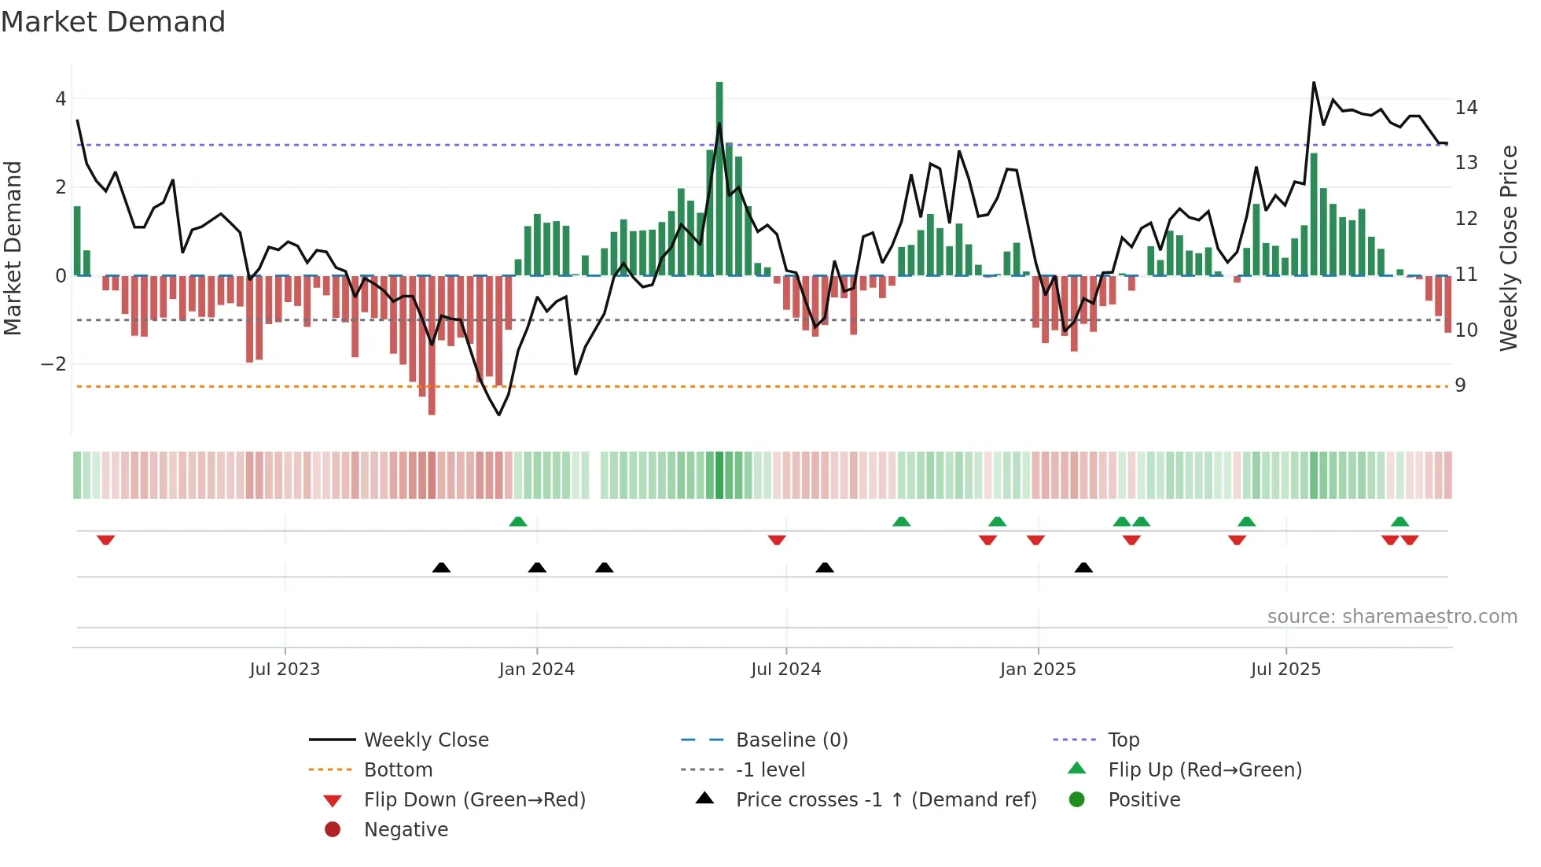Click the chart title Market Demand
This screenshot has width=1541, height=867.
point(113,22)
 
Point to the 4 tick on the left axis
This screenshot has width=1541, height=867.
point(61,99)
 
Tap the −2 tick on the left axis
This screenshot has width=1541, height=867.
point(54,364)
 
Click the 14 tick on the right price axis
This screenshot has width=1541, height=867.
point(1466,107)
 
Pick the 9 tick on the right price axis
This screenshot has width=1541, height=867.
point(1460,385)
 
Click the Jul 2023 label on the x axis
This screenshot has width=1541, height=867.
point(285,670)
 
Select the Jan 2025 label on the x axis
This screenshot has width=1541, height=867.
point(1038,670)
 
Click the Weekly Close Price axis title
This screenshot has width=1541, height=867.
point(1508,248)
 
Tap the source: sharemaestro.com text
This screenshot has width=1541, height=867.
point(1392,616)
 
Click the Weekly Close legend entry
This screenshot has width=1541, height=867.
point(426,740)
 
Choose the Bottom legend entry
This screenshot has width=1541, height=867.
point(398,769)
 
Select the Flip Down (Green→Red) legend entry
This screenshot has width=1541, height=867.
point(474,799)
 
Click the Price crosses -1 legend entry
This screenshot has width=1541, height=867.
point(886,799)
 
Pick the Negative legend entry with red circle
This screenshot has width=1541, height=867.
point(406,829)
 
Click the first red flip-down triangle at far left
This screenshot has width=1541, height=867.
point(106,540)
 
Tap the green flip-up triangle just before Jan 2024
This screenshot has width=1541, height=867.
point(518,522)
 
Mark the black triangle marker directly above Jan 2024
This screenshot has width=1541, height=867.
point(537,567)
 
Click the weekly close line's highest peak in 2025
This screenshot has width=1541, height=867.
point(1314,83)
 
